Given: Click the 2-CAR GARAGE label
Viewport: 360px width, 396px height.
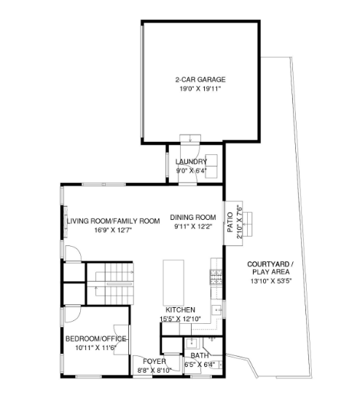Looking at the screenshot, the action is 200,80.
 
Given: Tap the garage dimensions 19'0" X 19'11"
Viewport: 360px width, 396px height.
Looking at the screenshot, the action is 200,89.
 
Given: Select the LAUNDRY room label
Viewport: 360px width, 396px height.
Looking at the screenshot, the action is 192,162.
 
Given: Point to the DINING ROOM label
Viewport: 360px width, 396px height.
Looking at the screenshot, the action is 193,218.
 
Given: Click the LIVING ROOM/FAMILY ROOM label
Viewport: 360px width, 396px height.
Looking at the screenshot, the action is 113,221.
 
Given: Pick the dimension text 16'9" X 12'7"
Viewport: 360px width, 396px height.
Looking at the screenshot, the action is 113,230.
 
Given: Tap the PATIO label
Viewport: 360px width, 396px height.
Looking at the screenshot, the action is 230,223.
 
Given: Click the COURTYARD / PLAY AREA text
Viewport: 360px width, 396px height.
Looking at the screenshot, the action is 271,268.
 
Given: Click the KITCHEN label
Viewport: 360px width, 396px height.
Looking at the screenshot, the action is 180,310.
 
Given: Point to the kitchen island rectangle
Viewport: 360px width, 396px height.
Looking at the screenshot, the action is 173,283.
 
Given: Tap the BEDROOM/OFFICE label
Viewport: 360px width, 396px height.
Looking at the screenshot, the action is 95,339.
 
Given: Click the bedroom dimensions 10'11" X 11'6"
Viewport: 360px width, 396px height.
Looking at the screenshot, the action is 95,348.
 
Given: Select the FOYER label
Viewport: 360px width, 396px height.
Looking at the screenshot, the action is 154,362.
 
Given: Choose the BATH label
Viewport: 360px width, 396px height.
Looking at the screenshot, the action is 200,355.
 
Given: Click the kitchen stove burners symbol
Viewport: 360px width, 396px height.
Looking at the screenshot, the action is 216,277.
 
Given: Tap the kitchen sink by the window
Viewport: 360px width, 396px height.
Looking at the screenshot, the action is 216,310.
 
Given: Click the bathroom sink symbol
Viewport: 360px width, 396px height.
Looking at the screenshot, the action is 192,344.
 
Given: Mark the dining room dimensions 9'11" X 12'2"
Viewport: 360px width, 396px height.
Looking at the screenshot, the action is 193,226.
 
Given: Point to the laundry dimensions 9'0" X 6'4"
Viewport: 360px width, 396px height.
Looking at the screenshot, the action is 192,171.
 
